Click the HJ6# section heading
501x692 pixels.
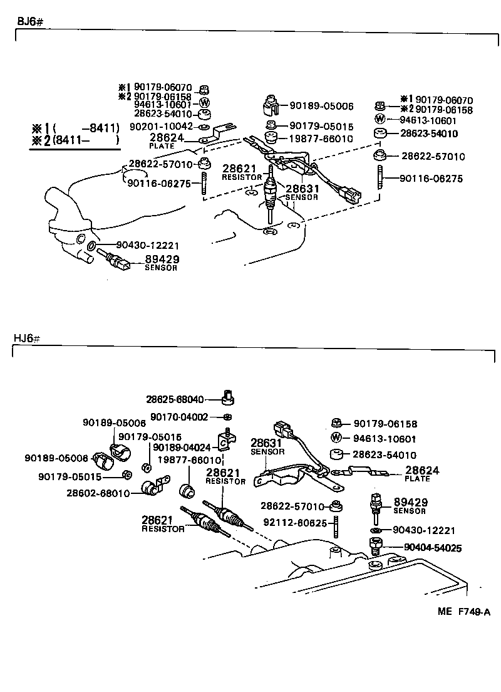(28, 338)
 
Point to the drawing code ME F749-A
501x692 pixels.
(463, 612)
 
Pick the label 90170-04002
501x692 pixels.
(182, 417)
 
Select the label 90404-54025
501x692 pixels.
(433, 548)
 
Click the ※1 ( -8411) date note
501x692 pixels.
(75, 128)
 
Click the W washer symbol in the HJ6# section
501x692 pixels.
(336, 438)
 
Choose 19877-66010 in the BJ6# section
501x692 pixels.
(321, 139)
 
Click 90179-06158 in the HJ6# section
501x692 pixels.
(385, 424)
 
